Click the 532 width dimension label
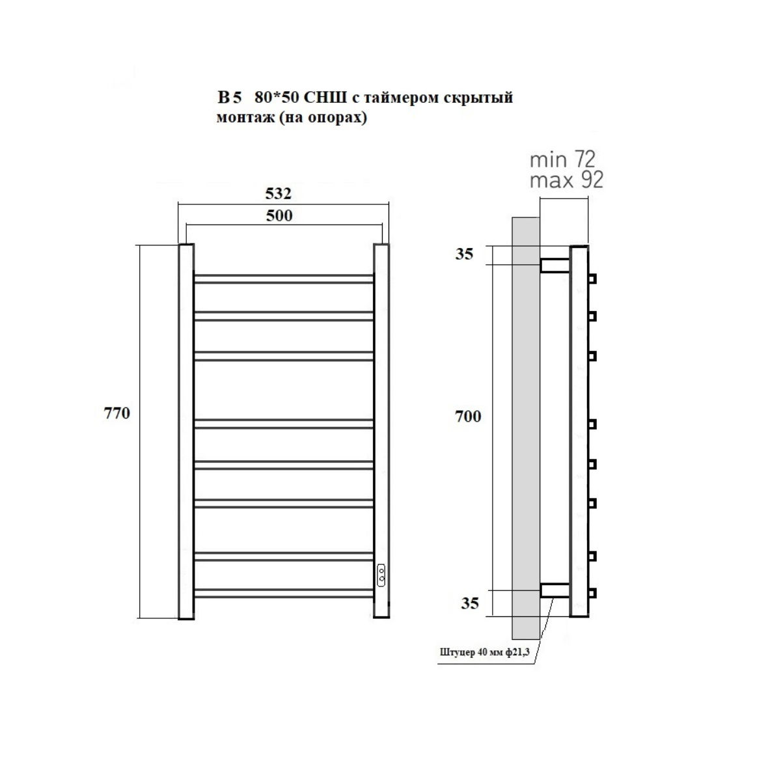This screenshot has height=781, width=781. pos(278,193)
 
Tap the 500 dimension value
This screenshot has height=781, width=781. pos(279,215)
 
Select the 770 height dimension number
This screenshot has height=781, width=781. pos(116,413)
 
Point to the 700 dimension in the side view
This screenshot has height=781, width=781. pos(468,417)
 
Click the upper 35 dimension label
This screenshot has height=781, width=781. pos(464,254)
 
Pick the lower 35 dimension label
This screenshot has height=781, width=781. pos(470,603)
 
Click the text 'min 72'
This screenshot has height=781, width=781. pos(562,159)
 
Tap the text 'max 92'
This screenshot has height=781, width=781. pos(567,180)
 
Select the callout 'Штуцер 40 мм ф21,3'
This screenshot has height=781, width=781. pos(484,652)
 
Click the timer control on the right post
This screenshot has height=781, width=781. pos(381,575)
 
